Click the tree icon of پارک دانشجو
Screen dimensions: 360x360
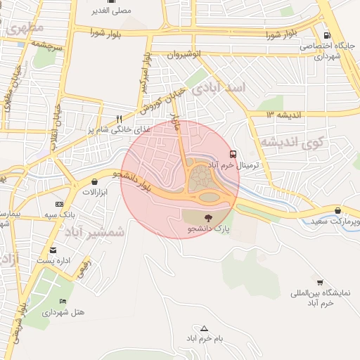[x=208, y=218]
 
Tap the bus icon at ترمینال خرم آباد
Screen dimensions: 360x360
[x=233, y=154]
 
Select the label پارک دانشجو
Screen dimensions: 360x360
[x=208, y=230]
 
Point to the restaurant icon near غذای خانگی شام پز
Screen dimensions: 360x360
[x=120, y=120]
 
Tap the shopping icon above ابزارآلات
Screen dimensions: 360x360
[x=94, y=181]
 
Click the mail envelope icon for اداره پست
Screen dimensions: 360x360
[x=53, y=250]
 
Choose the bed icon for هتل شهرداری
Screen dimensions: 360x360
[x=63, y=302]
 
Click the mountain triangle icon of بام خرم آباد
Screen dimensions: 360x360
[x=205, y=328]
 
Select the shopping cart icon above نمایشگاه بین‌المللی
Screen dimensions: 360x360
[x=320, y=282]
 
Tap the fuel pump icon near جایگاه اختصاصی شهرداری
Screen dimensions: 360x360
[x=326, y=35]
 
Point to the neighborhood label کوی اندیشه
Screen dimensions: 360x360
[x=295, y=143]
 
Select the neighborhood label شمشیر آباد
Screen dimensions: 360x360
[x=94, y=231]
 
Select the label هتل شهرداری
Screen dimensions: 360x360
[x=64, y=312]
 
